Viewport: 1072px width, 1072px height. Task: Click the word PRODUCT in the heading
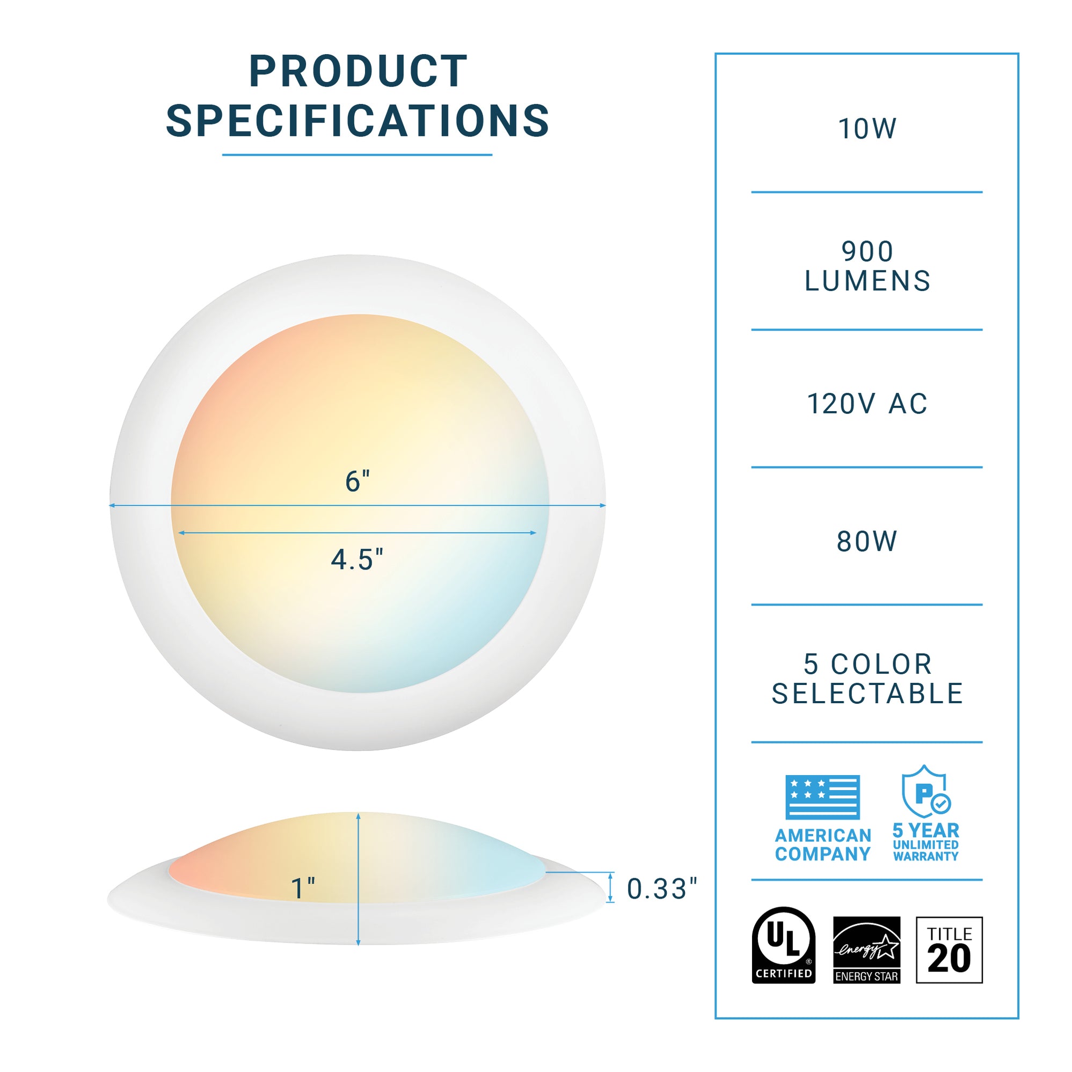[358, 71]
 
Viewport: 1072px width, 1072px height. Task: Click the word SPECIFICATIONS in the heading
[358, 120]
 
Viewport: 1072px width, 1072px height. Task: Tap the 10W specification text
[867, 129]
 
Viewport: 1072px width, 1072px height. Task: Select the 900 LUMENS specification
[867, 266]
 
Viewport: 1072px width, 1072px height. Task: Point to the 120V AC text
[867, 403]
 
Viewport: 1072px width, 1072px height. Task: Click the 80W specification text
[867, 541]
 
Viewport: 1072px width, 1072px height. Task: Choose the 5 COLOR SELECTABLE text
[867, 679]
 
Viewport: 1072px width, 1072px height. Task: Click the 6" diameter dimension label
[358, 481]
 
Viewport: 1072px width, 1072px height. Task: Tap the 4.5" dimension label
[358, 559]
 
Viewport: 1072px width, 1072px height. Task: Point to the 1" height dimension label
[303, 888]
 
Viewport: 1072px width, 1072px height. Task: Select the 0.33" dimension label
[661, 889]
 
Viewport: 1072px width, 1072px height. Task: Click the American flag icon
[822, 797]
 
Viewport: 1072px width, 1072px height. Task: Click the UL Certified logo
[784, 945]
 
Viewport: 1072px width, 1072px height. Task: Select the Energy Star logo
[866, 950]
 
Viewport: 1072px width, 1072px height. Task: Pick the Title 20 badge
[949, 950]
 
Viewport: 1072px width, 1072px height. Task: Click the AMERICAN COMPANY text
[822, 844]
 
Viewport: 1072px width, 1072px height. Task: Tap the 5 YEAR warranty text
[925, 830]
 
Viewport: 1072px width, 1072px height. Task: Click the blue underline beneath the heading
[358, 155]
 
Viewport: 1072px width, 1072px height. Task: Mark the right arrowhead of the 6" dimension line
[603, 506]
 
